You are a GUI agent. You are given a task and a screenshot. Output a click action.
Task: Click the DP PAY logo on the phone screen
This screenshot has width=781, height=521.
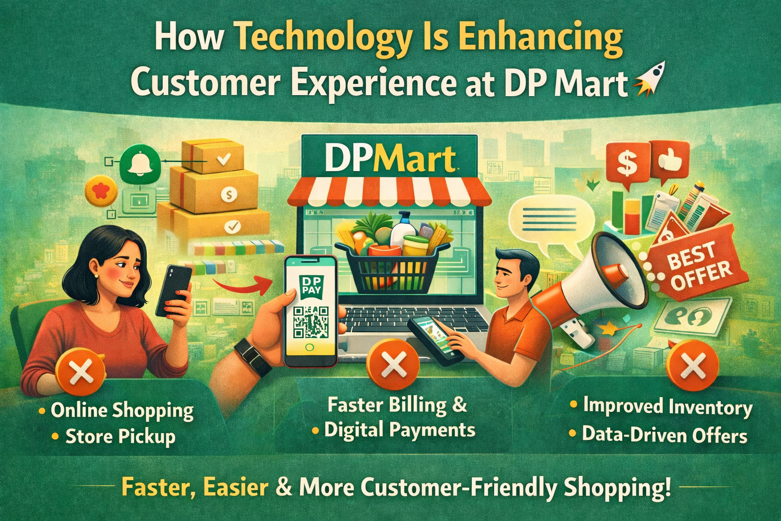pos(310,286)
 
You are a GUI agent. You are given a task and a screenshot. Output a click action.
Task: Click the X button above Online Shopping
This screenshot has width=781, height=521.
pos(81,374)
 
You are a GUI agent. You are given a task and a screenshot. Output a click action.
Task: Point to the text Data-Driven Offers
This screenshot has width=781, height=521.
pos(664,435)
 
